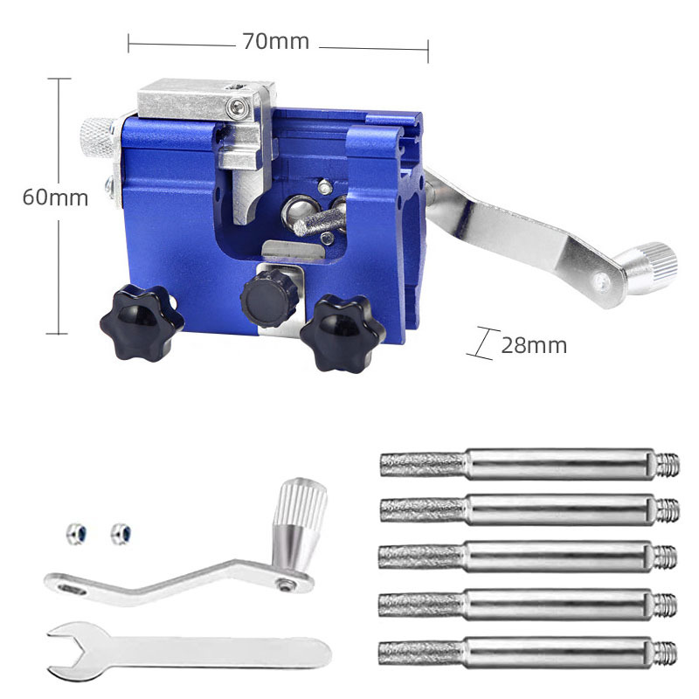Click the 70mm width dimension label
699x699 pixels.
[276, 41]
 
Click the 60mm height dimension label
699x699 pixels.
[55, 197]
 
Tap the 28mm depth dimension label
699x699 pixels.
[534, 346]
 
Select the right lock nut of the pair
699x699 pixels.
[120, 532]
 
